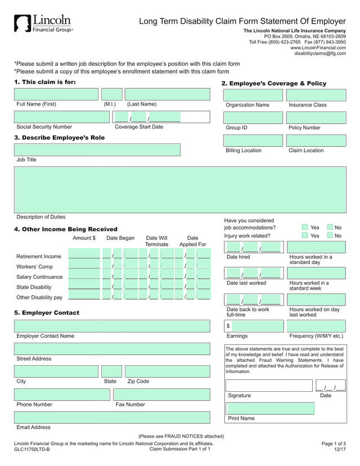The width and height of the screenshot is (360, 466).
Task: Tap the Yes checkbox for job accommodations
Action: click(x=304, y=227)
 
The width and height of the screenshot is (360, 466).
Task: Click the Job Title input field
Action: click(x=97, y=150)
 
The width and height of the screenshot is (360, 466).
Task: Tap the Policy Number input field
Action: click(x=316, y=118)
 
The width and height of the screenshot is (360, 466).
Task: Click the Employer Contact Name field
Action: click(x=112, y=326)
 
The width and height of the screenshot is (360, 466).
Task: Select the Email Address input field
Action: click(x=112, y=418)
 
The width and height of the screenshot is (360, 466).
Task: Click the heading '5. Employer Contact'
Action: click(x=47, y=313)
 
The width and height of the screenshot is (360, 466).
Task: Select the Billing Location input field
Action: click(x=253, y=140)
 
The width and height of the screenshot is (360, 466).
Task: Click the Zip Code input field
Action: click(x=167, y=371)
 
